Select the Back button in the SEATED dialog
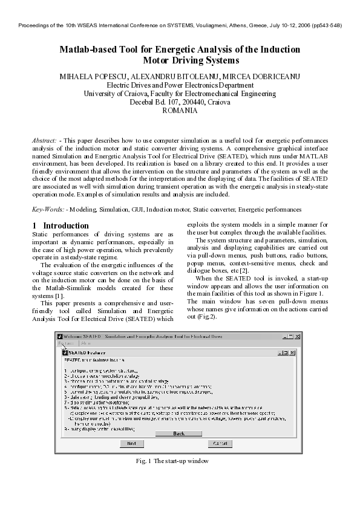point(179,433)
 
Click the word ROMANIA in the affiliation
point(180,111)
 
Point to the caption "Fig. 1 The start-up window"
point(172,461)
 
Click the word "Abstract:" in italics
point(45,140)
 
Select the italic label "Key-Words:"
point(48,209)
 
